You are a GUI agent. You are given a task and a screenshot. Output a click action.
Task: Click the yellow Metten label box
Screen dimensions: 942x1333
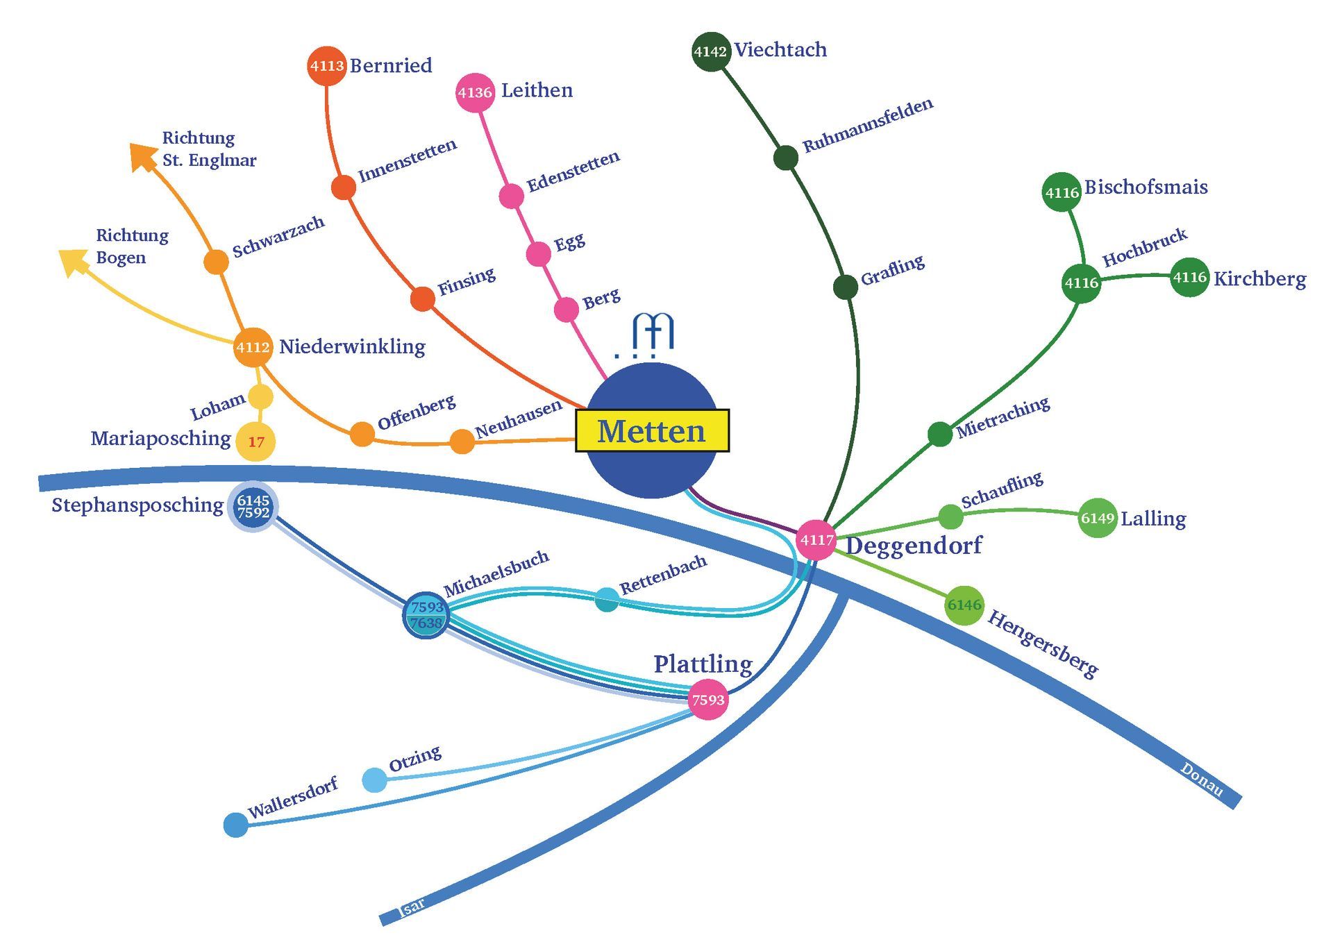click(x=652, y=431)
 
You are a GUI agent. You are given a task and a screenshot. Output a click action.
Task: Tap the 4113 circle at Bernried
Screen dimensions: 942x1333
click(x=326, y=66)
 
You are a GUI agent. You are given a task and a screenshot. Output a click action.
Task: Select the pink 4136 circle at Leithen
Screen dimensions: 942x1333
click(x=475, y=92)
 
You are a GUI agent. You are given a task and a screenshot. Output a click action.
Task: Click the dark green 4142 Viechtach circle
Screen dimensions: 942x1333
click(x=711, y=51)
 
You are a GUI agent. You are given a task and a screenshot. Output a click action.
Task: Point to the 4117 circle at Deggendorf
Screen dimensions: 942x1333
click(x=816, y=539)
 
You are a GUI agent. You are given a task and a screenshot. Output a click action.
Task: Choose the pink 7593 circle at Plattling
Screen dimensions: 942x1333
click(x=707, y=700)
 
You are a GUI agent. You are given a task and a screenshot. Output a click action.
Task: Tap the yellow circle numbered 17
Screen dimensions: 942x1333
click(x=255, y=441)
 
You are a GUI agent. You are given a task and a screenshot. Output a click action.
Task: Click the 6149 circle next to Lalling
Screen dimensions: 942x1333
click(x=1097, y=518)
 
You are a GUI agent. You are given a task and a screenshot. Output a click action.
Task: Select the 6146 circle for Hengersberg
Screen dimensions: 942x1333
click(x=964, y=605)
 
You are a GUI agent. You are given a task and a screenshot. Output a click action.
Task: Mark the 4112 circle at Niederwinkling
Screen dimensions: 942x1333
click(x=253, y=347)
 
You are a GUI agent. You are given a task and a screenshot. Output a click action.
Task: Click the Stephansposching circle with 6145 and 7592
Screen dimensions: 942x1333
click(x=253, y=507)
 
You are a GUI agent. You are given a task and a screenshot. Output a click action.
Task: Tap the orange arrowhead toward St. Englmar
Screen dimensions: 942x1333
click(x=142, y=155)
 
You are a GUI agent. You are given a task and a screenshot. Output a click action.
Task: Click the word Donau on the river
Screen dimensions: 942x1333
click(x=1202, y=780)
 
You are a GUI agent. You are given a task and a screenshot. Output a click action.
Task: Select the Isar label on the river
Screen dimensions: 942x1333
click(x=412, y=906)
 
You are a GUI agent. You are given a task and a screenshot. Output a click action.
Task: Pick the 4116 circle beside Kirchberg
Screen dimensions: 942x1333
click(x=1189, y=277)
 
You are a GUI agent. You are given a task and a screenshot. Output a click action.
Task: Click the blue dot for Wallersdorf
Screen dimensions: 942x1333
click(x=236, y=825)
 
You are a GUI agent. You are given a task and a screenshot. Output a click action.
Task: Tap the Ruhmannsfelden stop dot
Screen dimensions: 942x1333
click(x=785, y=158)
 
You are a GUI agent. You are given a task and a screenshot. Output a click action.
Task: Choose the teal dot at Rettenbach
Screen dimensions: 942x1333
click(x=606, y=599)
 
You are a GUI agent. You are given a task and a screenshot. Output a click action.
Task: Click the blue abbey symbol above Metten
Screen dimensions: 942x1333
click(x=653, y=333)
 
